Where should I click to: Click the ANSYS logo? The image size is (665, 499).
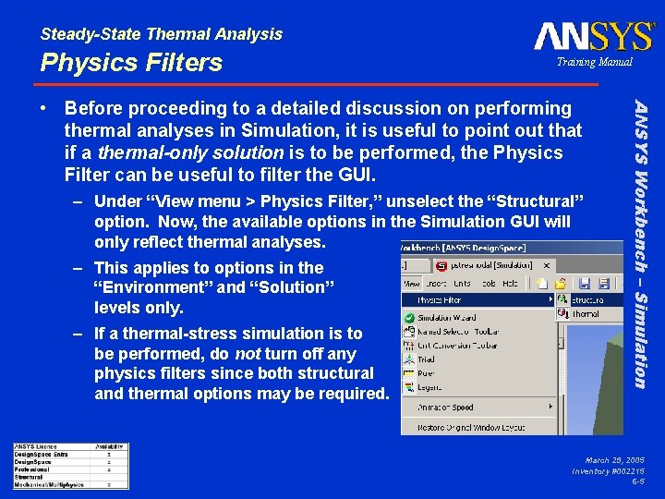click(594, 37)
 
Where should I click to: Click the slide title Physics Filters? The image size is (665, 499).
click(131, 63)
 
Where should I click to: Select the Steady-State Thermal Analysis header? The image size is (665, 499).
click(162, 34)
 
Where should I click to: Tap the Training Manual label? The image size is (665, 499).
click(594, 62)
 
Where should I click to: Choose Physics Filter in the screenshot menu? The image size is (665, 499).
click(441, 299)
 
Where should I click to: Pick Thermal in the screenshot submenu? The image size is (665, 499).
click(583, 314)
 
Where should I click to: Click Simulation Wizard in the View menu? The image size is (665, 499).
click(448, 317)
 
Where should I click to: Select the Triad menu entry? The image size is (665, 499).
click(426, 359)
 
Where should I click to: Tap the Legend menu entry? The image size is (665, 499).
click(430, 387)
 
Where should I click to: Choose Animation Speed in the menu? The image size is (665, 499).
click(446, 408)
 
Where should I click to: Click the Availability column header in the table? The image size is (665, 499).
click(110, 446)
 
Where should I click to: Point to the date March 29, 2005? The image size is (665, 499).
click(614, 459)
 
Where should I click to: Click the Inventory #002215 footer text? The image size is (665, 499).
click(610, 470)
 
